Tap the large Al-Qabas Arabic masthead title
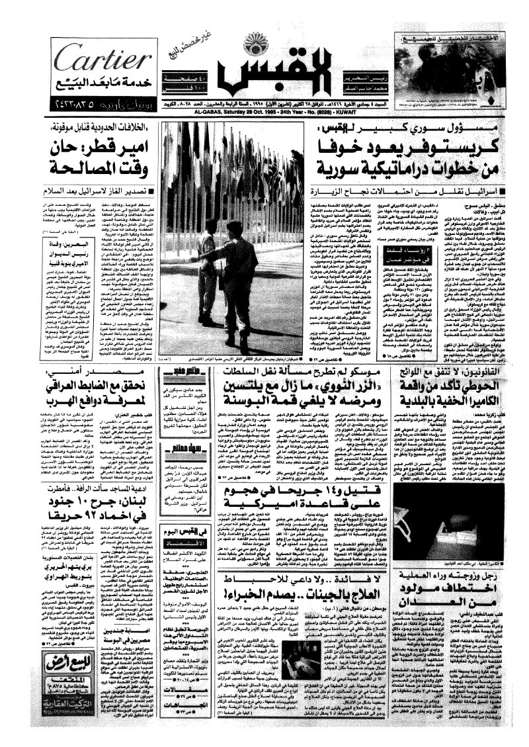pos(264,81)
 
